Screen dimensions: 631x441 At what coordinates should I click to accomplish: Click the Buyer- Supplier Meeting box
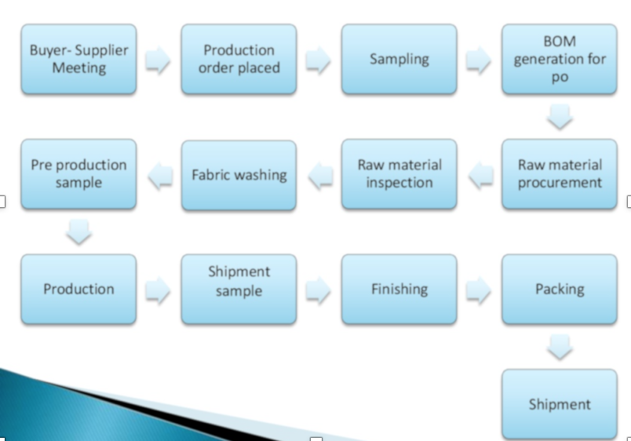78,59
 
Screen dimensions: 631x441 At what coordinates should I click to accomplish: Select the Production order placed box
239,59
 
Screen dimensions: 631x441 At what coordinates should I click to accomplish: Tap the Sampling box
399,59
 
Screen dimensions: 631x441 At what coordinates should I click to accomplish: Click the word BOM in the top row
560,42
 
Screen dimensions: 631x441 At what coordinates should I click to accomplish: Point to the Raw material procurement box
560,174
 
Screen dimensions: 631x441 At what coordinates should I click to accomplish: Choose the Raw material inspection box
399,174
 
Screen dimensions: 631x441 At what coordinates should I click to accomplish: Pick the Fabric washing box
239,175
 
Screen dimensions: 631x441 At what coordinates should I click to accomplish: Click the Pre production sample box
78,174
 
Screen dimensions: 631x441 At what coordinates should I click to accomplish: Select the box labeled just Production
78,290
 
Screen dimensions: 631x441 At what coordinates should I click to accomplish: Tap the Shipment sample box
239,290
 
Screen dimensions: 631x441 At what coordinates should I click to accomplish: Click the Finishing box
399,290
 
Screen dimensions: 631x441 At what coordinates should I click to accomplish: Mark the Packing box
560,290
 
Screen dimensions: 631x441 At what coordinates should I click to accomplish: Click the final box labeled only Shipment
560,404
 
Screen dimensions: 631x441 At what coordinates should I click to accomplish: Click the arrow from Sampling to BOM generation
479,60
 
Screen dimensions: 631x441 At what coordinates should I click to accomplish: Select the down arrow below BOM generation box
560,117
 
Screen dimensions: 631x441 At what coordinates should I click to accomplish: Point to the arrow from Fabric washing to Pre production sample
160,176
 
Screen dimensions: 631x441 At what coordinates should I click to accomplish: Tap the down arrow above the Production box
78,231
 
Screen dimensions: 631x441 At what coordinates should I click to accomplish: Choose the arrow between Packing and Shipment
560,347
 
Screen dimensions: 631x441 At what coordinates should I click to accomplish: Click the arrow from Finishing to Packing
479,290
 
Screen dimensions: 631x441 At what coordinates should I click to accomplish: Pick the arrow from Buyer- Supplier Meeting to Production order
158,60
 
